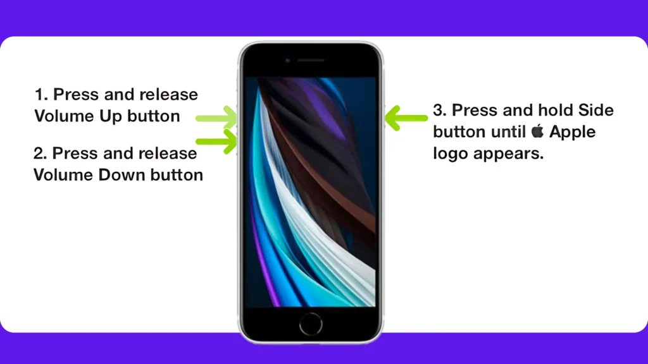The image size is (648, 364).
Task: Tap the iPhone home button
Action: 311,324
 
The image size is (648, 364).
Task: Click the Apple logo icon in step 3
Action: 537,131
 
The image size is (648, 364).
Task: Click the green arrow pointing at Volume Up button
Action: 216,118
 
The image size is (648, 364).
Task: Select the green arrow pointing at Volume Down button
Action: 216,142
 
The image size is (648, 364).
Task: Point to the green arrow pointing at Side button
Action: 406,118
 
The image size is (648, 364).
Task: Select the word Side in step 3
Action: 595,110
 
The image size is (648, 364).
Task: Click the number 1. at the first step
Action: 41,95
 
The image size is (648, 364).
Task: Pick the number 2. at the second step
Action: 40,154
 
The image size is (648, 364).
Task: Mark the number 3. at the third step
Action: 440,110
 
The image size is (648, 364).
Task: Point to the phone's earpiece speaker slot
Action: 311,60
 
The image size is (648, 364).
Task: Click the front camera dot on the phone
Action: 288,61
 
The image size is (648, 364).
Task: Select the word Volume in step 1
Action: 64,116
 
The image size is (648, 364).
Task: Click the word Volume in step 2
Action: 63,175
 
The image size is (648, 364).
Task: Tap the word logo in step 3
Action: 451,154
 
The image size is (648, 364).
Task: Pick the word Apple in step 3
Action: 572,132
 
